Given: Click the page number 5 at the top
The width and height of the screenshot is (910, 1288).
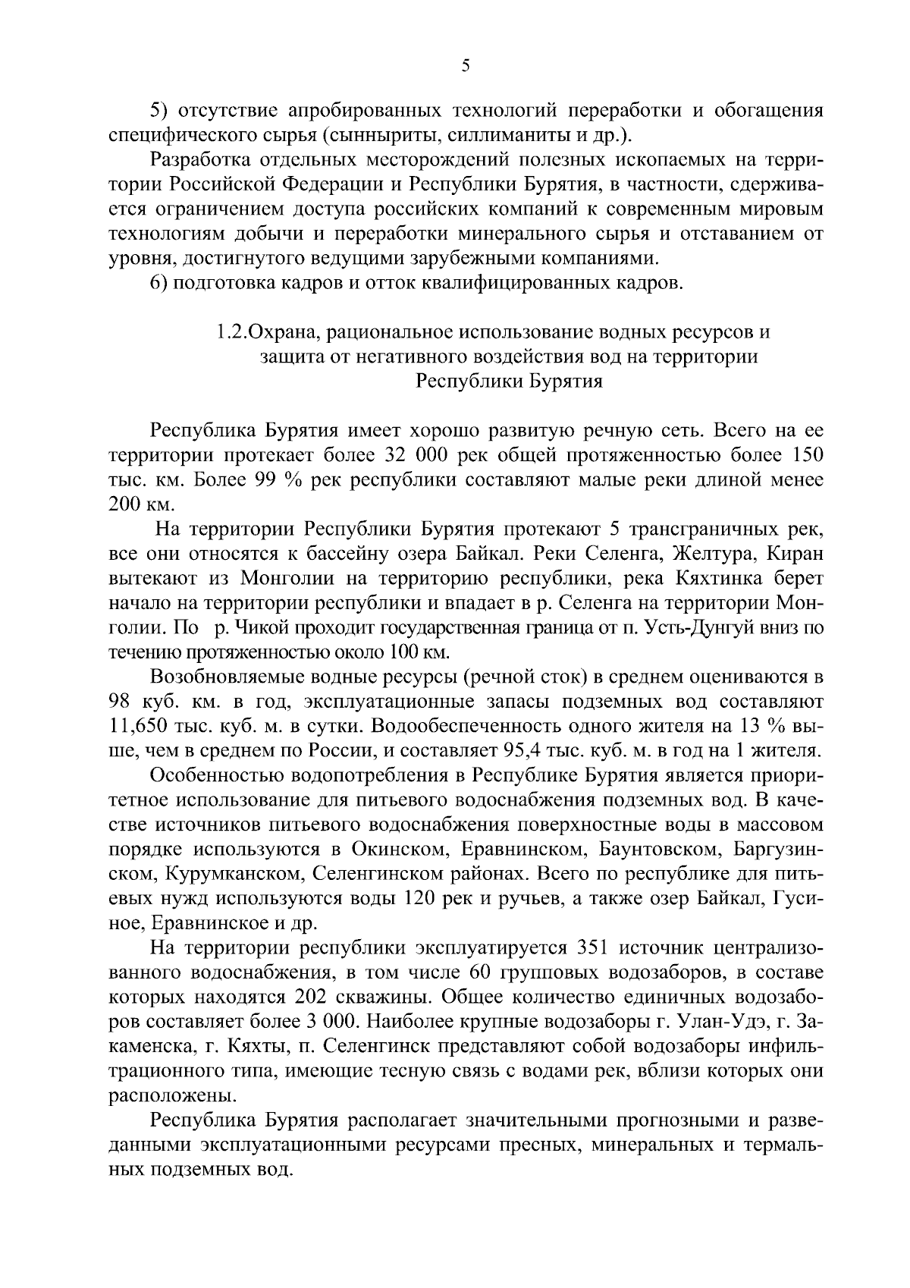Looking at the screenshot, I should click(466, 67).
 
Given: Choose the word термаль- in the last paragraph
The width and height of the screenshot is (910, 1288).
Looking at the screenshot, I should click(784, 1145).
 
